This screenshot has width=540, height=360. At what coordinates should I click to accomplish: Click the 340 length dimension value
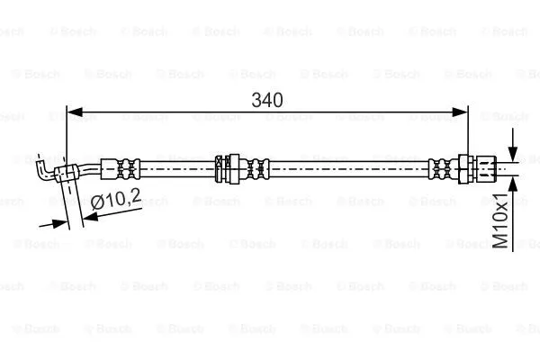click(268, 100)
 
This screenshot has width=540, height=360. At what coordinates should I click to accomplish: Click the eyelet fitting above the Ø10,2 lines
click(66, 174)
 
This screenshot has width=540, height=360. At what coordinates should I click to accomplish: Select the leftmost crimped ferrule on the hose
click(121, 168)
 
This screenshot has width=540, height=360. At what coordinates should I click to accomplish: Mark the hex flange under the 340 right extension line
click(466, 167)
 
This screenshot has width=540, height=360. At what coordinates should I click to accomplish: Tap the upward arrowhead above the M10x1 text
click(512, 184)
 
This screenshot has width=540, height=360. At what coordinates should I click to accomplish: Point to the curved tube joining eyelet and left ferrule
click(91, 168)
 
